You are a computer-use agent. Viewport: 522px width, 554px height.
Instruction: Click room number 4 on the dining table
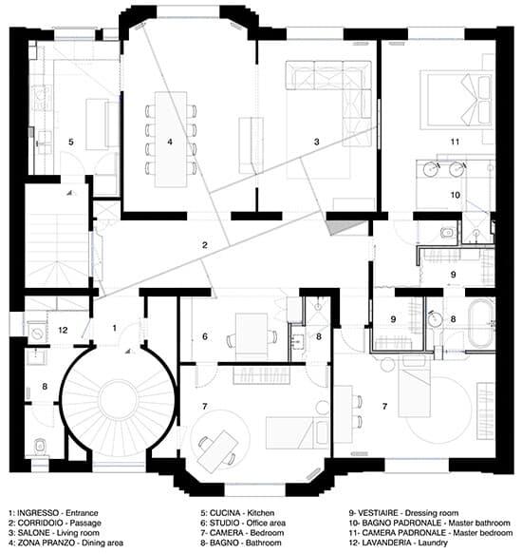pos(170,142)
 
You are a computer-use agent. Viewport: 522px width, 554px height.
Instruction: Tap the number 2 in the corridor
pos(205,245)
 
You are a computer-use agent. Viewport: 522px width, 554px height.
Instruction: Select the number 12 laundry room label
pos(63,330)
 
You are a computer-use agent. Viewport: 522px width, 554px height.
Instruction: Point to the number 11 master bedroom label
pos(455,142)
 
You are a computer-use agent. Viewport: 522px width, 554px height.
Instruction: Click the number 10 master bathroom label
pos(456,195)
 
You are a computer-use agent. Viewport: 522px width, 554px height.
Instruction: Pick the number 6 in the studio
pos(205,336)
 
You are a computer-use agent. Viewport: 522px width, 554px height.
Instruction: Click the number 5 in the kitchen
pos(71,142)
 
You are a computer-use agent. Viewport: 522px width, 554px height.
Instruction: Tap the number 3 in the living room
pos(317,142)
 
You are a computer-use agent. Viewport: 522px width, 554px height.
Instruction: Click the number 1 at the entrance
pos(114,328)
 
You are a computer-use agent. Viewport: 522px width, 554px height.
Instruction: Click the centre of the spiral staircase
pos(119,398)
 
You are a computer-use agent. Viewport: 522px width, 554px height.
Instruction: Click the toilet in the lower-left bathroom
pos(40,447)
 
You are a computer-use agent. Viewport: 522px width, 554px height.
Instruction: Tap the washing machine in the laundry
pos(37,332)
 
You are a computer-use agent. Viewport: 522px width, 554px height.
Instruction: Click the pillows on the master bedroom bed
pos(484,100)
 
